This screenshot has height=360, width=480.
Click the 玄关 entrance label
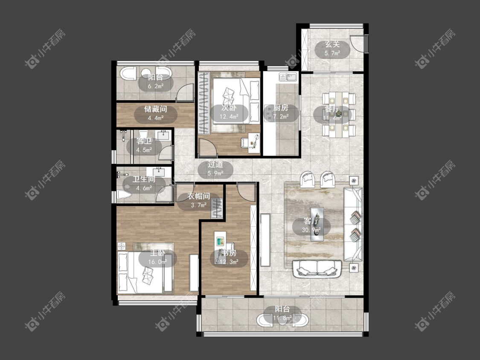(x=332, y=44)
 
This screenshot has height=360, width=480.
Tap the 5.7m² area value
(x=332, y=53)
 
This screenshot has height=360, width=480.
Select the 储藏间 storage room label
(x=155, y=109)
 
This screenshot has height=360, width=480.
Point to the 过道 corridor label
(x=215, y=164)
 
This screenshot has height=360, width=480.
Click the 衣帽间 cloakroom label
(x=199, y=196)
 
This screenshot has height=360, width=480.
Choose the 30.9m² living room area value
(x=311, y=229)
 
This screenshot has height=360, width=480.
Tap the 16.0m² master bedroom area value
(x=157, y=262)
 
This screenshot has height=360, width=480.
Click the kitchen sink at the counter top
(x=288, y=77)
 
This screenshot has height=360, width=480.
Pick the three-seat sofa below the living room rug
(x=317, y=268)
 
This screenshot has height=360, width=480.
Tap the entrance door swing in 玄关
(x=358, y=43)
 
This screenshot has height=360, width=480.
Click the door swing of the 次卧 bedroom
(x=208, y=148)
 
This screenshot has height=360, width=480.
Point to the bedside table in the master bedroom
(x=122, y=246)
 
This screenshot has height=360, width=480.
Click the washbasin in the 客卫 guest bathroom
(x=163, y=135)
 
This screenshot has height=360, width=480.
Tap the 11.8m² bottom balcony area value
(x=282, y=318)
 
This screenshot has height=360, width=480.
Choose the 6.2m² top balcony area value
(x=155, y=86)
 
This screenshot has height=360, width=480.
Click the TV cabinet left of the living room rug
(x=265, y=240)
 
